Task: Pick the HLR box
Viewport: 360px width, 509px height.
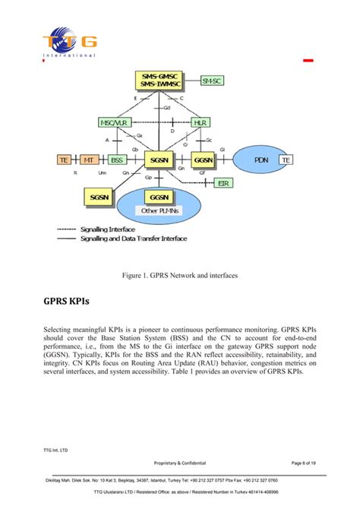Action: point(201,122)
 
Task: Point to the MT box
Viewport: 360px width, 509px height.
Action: point(90,160)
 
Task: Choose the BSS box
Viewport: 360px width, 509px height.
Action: point(117,160)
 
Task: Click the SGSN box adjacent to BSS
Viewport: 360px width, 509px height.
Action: point(159,160)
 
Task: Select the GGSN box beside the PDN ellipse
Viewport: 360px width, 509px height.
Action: point(203,160)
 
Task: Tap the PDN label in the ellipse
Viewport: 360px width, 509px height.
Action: point(261,160)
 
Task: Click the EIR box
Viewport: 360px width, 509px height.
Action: point(224,183)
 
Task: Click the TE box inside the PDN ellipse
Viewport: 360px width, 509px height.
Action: point(286,160)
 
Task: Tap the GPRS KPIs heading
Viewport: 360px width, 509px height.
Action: point(66,301)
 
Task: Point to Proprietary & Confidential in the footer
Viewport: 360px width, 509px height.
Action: point(179,462)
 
